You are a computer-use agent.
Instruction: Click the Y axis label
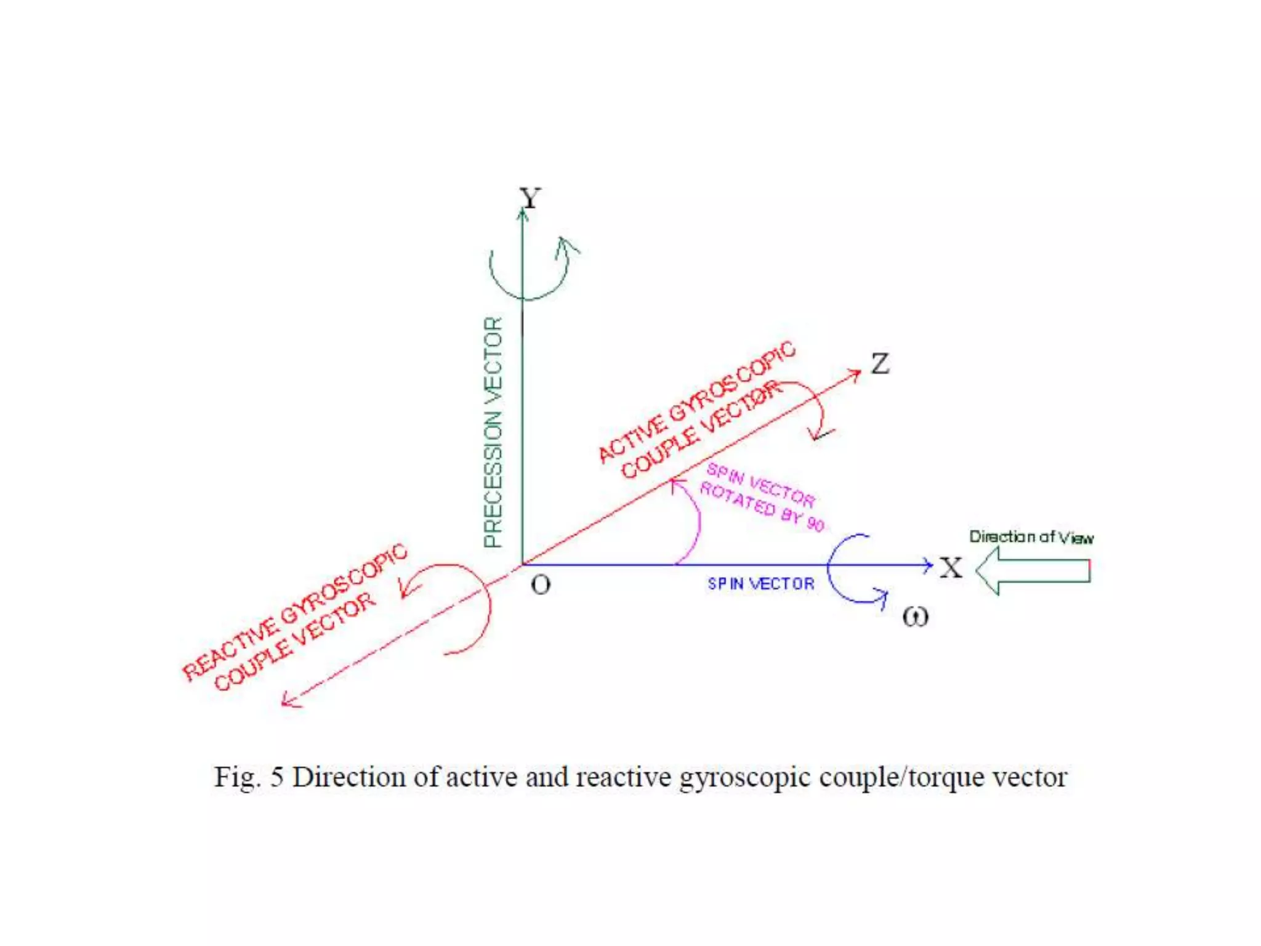coord(530,198)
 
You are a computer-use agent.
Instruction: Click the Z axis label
coord(880,363)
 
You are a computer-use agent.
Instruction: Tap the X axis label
coord(951,567)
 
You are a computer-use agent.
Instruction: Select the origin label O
coord(541,584)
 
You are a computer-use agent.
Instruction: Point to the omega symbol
coord(915,616)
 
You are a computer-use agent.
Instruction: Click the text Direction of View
coord(1031,537)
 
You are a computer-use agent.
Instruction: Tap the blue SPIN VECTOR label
coord(760,583)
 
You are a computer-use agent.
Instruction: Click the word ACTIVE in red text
coord(630,437)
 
